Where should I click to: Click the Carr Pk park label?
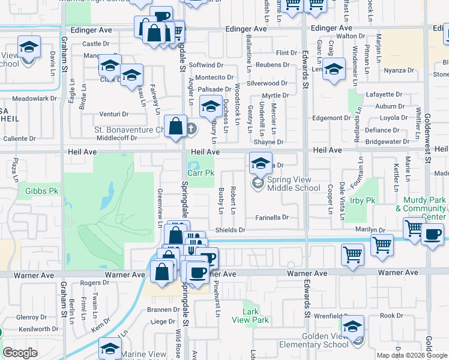tap(200, 173)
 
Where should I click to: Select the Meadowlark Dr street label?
tap(34, 98)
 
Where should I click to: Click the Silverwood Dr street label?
tap(267, 83)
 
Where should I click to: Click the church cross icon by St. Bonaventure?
tap(191, 128)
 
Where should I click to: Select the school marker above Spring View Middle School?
tap(261, 162)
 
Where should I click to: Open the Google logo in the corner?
tap(20, 353)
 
